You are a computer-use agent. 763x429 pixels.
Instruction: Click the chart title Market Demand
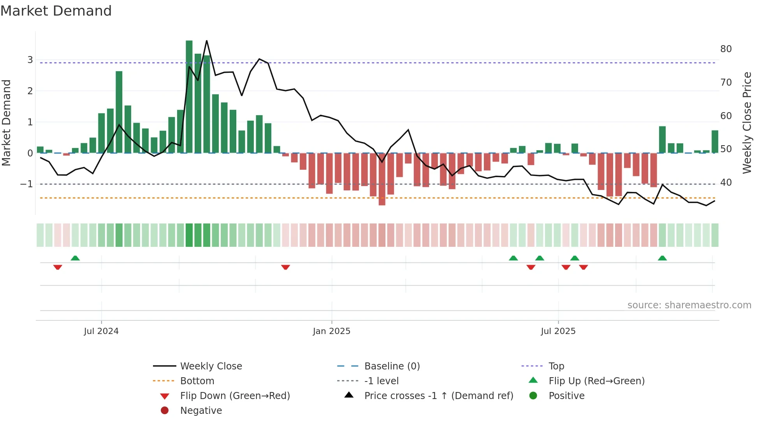[x=56, y=11]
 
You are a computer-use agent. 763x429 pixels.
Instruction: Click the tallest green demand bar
[x=189, y=97]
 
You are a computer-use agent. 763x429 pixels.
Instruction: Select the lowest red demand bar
[x=382, y=179]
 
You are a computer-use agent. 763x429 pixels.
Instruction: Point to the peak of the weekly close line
[x=207, y=41]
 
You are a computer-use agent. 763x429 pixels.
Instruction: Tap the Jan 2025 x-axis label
[x=332, y=331]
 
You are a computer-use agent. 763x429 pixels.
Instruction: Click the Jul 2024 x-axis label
[x=101, y=331]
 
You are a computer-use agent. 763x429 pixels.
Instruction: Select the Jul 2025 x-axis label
[x=558, y=331]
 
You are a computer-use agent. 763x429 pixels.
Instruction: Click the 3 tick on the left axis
[x=30, y=60]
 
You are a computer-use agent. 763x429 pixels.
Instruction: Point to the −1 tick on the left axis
[x=27, y=184]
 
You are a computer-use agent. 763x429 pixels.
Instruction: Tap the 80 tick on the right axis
[x=726, y=49]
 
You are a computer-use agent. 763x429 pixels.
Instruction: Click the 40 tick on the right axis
[x=726, y=183]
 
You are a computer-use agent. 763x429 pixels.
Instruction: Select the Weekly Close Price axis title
[x=747, y=123]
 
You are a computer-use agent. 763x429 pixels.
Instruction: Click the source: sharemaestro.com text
[x=689, y=305]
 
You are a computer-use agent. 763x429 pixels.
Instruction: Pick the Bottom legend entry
[x=197, y=381]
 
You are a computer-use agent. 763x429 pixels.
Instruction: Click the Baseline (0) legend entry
[x=392, y=366]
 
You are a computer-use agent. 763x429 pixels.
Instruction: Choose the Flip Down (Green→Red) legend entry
[x=235, y=396]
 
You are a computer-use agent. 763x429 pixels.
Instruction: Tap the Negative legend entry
[x=201, y=411]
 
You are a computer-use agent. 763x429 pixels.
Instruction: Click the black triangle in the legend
[x=349, y=395]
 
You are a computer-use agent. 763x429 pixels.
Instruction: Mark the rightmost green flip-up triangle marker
[x=662, y=258]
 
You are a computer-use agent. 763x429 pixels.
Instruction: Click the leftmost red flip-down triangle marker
[x=58, y=267]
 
